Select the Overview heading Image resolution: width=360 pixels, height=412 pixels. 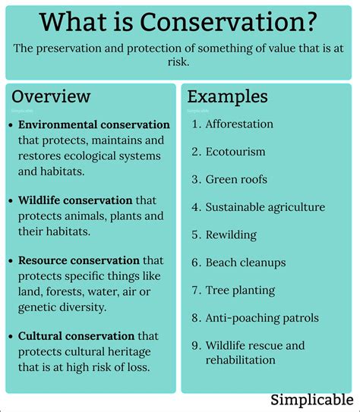click(x=51, y=96)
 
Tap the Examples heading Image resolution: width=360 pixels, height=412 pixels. click(x=227, y=96)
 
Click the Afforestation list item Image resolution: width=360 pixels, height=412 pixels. click(x=239, y=124)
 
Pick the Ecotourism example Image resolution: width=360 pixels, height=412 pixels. click(x=235, y=152)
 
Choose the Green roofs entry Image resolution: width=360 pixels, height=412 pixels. click(x=236, y=179)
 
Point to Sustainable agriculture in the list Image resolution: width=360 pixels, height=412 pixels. click(x=265, y=207)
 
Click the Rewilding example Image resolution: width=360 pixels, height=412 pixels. click(x=231, y=234)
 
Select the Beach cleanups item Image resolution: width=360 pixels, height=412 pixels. click(x=245, y=263)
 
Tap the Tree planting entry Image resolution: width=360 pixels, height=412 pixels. click(x=242, y=290)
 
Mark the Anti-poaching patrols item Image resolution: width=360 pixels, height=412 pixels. click(x=262, y=318)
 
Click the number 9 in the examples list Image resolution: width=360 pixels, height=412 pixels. click(x=194, y=346)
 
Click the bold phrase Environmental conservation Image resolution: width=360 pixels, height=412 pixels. click(x=94, y=124)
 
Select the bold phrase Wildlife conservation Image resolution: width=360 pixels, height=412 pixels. click(x=76, y=200)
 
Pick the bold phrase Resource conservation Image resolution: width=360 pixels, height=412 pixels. click(x=79, y=260)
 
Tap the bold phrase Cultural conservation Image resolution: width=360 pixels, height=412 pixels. click(x=76, y=335)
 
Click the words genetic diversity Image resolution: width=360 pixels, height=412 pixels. click(x=62, y=307)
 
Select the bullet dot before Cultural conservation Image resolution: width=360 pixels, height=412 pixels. click(x=11, y=336)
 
